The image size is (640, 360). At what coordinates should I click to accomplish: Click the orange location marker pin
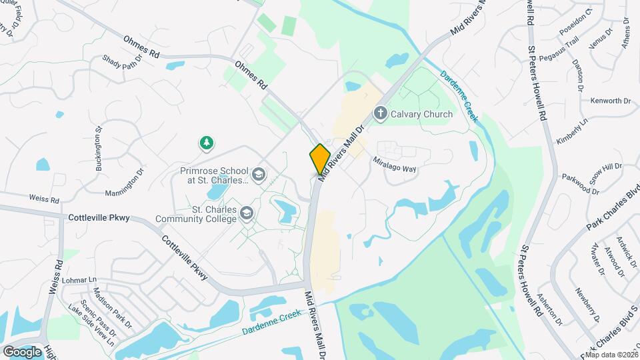(320, 159)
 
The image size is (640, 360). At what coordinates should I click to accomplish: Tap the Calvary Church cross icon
(381, 113)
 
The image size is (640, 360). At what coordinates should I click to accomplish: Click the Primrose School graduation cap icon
(258, 175)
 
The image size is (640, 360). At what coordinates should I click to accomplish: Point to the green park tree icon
(207, 143)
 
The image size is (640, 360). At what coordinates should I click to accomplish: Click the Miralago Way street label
(395, 165)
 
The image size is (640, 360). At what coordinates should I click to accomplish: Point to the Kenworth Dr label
(610, 101)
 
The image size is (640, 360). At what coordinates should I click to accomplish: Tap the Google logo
(22, 351)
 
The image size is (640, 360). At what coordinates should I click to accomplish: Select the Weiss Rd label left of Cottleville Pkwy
(44, 199)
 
